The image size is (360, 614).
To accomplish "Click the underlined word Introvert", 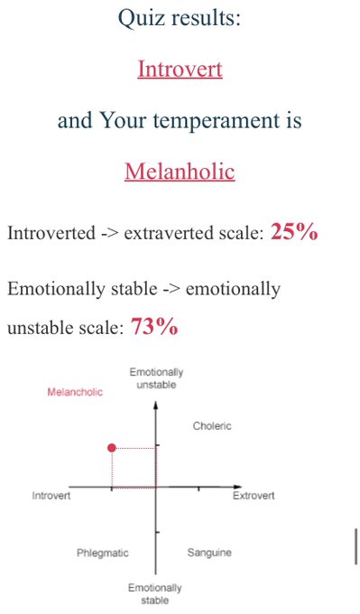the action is click(180, 69).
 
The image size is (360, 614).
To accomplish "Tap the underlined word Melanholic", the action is click(180, 172).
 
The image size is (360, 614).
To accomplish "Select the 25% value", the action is click(294, 232).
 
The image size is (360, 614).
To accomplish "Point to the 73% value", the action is click(154, 326).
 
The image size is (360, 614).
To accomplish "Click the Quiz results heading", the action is click(180, 18).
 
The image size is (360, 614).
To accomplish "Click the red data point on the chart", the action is click(112, 448).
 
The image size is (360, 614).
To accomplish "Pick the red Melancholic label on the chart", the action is click(75, 392).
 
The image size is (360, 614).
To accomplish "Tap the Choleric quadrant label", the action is click(212, 425).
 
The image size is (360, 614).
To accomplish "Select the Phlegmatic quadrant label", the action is click(103, 553).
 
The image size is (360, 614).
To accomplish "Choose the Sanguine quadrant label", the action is click(209, 553).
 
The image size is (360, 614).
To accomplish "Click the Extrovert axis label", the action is click(254, 496).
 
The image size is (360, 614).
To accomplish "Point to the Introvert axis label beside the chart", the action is click(51, 496).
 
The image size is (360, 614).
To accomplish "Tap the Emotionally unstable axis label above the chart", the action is click(156, 378).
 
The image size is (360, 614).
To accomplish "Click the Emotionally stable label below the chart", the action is click(155, 594).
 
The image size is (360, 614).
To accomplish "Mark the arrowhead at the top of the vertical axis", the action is click(156, 405).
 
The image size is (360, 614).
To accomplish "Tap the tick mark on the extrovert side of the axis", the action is click(198, 488).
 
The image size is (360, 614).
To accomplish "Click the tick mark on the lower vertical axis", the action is click(157, 532).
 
